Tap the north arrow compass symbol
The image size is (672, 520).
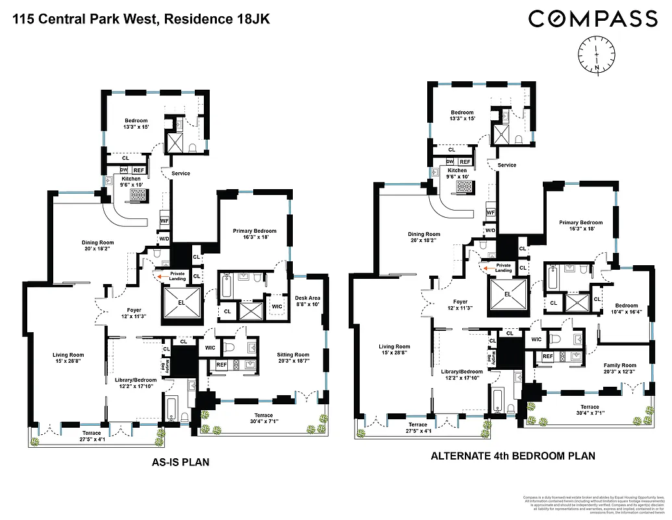click(595, 55)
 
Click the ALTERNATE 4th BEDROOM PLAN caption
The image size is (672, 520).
click(513, 456)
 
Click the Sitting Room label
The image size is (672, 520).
click(293, 358)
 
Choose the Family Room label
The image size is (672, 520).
click(620, 369)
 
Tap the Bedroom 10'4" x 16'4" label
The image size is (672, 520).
click(627, 309)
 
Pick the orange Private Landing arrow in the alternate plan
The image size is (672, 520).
click(486, 266)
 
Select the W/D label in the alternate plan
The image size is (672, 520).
click(491, 230)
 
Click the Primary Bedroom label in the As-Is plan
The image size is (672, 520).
click(255, 234)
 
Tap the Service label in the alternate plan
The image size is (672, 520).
click(507, 165)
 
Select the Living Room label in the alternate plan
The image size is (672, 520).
click(395, 350)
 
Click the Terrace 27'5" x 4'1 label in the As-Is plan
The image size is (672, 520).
click(82, 435)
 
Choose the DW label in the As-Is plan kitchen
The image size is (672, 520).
click(124, 170)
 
